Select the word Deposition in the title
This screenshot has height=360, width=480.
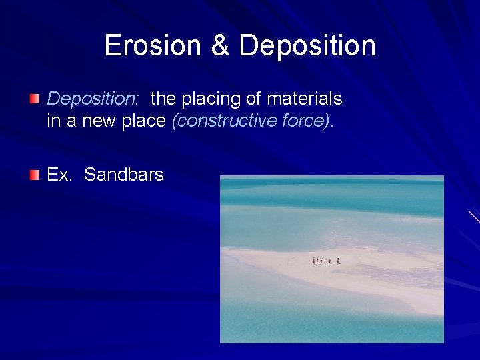[x=307, y=46]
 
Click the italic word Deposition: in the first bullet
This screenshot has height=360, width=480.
[x=93, y=99]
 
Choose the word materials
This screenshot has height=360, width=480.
[x=305, y=99]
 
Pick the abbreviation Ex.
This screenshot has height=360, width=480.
[x=59, y=175]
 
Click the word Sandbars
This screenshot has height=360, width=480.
[x=124, y=175]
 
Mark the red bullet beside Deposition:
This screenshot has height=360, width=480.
[x=35, y=99]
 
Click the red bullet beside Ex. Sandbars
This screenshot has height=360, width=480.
[x=35, y=175]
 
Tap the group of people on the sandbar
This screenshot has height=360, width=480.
[x=327, y=261]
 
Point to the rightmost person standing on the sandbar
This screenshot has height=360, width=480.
[x=339, y=261]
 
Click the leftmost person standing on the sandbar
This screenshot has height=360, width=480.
[x=314, y=261]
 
